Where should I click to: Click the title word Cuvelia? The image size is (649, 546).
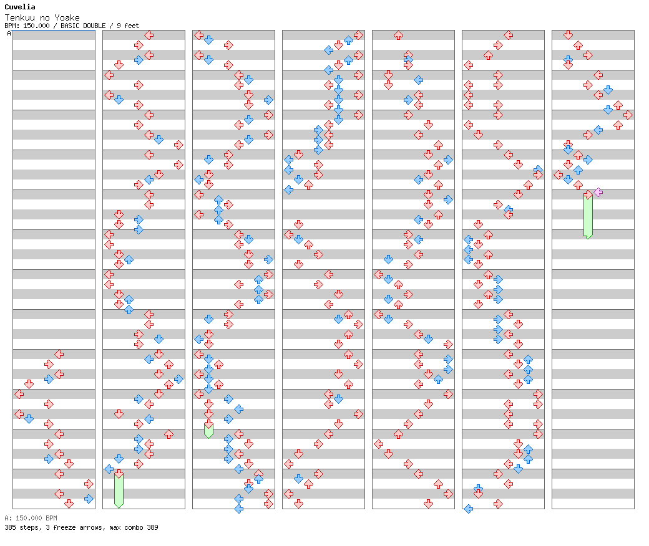(17, 7)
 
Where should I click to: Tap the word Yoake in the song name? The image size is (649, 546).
(68, 17)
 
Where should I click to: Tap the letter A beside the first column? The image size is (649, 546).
(9, 34)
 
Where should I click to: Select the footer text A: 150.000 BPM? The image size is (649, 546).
(31, 518)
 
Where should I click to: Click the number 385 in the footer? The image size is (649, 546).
(10, 527)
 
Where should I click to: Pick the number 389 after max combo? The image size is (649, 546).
(152, 527)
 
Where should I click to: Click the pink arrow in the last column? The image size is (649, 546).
(598, 192)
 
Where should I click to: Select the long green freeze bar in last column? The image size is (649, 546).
(588, 216)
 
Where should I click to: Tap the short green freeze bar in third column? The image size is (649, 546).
(208, 430)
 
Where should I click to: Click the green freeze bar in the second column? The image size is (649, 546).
(119, 491)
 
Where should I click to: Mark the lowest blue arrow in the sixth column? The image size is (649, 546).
(468, 509)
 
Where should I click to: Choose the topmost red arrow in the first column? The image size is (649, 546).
(59, 354)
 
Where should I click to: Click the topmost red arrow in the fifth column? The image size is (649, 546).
(398, 35)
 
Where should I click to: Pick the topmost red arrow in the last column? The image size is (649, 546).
(568, 35)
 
